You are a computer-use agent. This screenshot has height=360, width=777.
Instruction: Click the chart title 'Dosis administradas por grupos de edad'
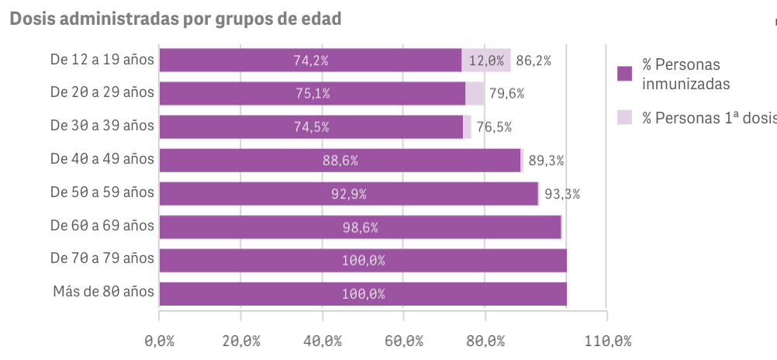tap(175, 19)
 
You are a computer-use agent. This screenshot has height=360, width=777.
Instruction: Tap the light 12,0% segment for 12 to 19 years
tap(486, 61)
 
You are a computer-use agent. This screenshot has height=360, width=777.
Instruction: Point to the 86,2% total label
tap(534, 61)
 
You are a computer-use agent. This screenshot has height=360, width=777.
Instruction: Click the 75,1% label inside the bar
tap(312, 94)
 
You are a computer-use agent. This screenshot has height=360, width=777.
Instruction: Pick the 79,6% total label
tap(507, 94)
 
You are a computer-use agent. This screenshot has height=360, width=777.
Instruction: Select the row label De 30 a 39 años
tap(102, 125)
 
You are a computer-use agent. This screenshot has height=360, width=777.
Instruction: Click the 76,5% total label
tap(494, 127)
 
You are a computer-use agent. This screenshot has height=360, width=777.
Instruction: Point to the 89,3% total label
tap(546, 161)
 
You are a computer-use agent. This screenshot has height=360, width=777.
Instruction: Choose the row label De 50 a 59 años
tap(102, 192)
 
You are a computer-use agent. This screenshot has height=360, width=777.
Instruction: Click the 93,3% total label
tap(562, 194)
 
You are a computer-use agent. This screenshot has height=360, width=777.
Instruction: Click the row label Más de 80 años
tap(104, 292)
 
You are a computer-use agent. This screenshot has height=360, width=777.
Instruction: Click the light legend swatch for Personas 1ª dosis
tap(624, 117)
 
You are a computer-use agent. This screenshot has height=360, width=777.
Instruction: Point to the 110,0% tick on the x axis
tap(607, 341)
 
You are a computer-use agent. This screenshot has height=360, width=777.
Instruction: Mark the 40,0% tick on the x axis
tap(323, 341)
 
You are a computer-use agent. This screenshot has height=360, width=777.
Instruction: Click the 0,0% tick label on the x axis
tap(159, 341)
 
